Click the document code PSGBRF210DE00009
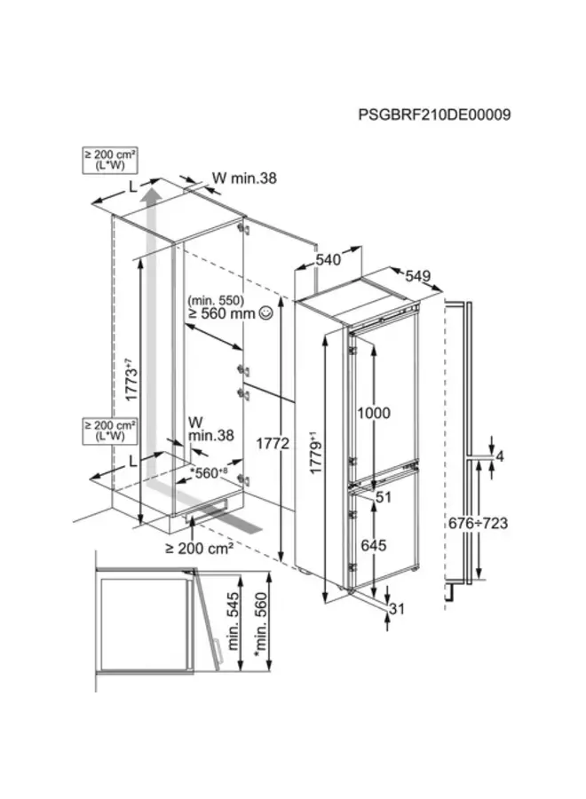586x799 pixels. (x=434, y=115)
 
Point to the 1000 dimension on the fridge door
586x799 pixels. (x=374, y=412)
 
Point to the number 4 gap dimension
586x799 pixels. (x=500, y=456)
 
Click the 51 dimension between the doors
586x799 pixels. (x=383, y=498)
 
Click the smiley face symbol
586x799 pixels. (x=265, y=313)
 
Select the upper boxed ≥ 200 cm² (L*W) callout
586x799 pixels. (x=103, y=161)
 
